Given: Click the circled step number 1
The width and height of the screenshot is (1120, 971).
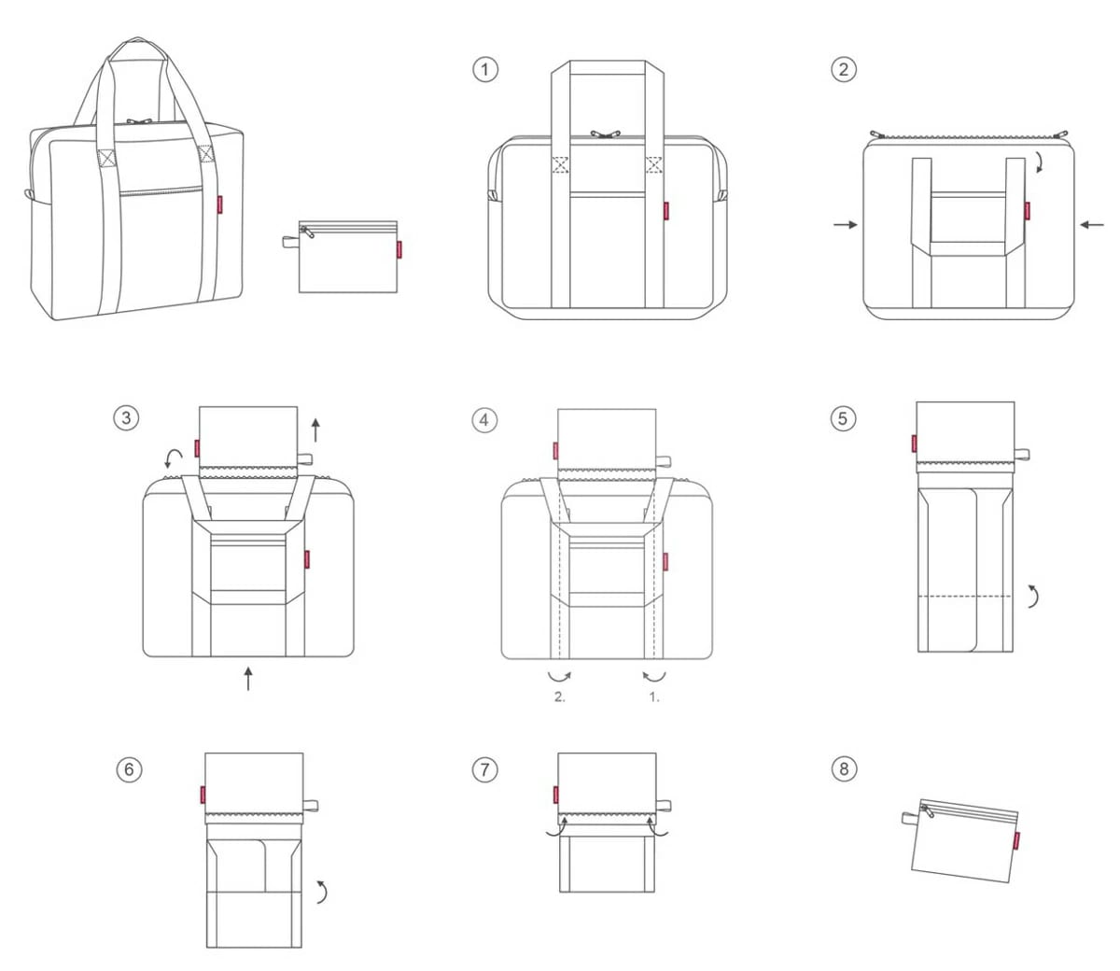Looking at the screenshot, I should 485,69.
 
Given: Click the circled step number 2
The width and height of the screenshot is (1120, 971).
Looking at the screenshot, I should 844,69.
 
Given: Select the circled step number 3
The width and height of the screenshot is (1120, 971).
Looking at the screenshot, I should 126,417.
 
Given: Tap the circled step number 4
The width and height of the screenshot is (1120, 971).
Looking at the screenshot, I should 483,420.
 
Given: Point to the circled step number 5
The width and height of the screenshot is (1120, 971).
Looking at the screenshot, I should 843,417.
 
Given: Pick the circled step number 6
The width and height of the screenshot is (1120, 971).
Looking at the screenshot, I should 129,769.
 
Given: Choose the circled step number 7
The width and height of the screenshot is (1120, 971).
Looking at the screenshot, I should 483,769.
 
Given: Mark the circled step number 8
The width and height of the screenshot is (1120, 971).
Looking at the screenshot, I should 844,768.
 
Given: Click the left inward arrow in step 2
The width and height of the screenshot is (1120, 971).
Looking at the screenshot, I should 846,224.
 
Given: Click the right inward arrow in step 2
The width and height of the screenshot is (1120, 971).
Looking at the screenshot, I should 1091,224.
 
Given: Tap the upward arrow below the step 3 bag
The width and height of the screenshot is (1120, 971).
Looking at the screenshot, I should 248,678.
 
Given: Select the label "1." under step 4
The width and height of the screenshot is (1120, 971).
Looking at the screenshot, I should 654,697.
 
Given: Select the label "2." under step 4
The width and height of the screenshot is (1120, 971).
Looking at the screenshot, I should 560,697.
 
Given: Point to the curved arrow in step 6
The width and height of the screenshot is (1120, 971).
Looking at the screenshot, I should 322,891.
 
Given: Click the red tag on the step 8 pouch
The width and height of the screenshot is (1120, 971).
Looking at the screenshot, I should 1015,839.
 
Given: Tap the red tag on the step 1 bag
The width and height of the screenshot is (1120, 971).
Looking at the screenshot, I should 666,210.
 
